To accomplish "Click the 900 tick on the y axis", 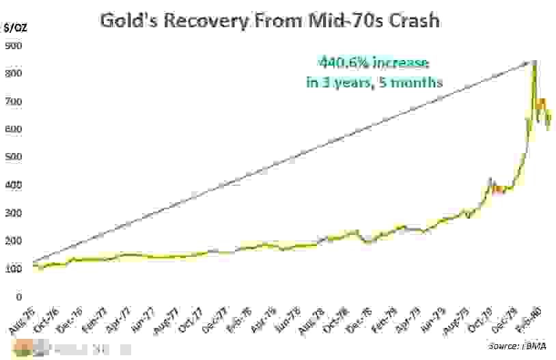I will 14,46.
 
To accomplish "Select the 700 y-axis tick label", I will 14,101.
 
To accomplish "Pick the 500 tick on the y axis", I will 14,157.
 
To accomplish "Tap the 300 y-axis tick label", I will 14,213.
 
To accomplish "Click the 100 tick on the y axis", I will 14,269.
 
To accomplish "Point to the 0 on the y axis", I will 8,297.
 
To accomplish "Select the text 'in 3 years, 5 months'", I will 374,82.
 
